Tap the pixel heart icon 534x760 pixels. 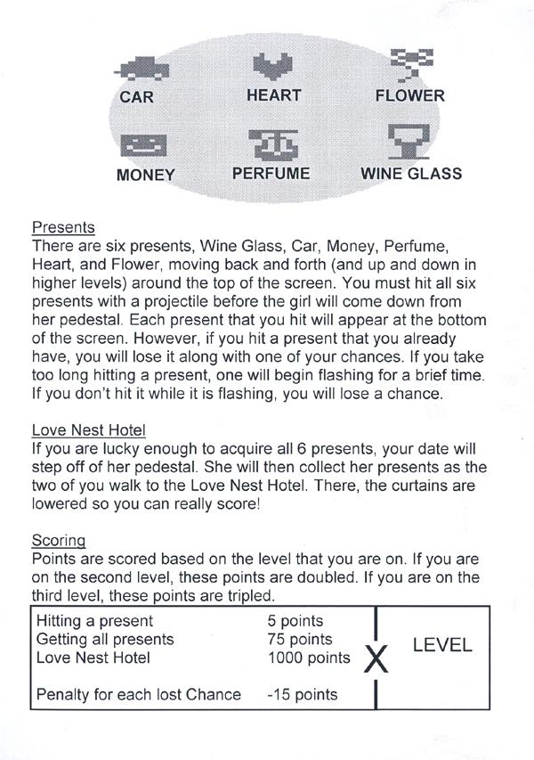point(273,65)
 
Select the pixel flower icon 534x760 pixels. point(410,65)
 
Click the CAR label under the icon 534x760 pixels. point(136,96)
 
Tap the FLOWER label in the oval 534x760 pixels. point(410,95)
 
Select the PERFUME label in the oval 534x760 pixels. point(271,173)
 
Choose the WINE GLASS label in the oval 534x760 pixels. point(410,173)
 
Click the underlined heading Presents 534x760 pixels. point(63,227)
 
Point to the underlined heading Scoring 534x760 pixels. point(59,540)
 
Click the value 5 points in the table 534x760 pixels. point(295,621)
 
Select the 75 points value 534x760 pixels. point(299,640)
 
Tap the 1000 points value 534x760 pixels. point(308,658)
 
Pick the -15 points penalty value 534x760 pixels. point(303,694)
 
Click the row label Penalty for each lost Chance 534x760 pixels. point(138,694)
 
